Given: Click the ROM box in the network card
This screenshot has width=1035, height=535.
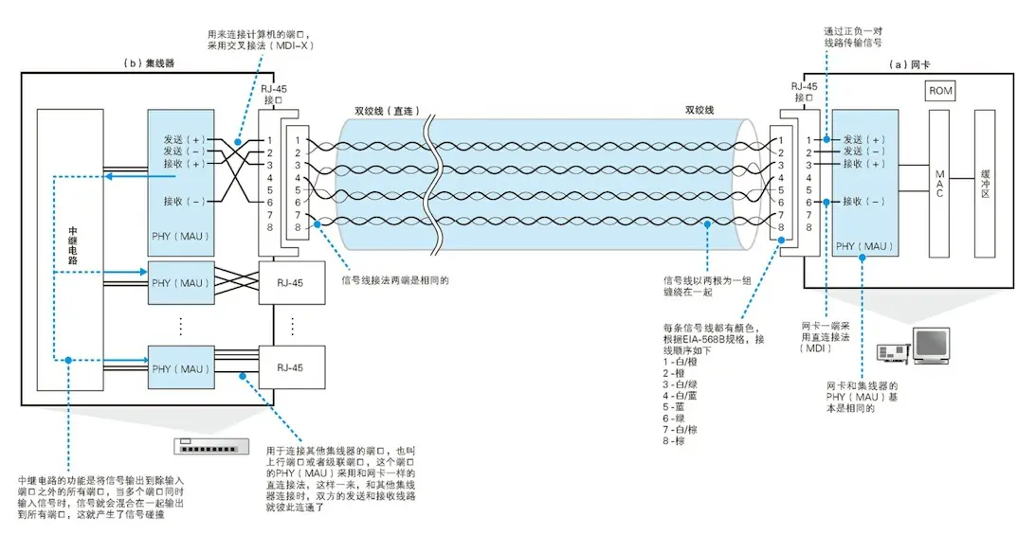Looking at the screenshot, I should (x=941, y=91).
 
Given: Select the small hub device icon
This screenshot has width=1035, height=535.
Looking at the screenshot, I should (x=212, y=446).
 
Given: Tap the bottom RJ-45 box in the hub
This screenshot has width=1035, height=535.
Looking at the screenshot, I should (x=292, y=368).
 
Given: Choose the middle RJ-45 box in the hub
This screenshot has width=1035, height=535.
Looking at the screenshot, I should (x=292, y=282).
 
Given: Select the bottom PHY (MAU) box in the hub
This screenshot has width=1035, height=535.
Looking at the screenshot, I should (x=181, y=368).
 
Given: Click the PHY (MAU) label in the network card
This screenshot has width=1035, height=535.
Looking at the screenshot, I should (x=865, y=246).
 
